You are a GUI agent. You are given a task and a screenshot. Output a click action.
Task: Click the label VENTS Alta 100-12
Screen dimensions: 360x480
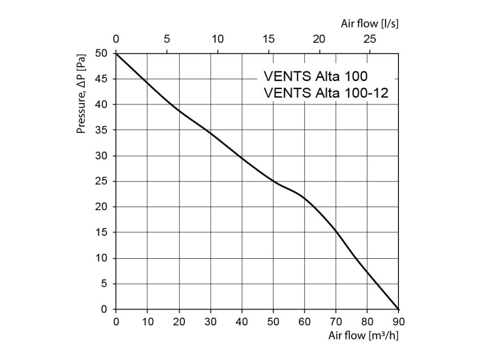point(326,92)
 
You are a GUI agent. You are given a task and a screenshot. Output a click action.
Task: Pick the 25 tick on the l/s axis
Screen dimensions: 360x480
point(370,38)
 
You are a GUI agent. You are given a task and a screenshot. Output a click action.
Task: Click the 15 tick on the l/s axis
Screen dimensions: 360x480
point(268,38)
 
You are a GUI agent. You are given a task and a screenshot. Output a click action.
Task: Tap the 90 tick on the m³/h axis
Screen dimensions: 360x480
point(398,322)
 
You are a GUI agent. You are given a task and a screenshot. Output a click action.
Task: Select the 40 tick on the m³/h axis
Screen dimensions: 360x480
point(242,322)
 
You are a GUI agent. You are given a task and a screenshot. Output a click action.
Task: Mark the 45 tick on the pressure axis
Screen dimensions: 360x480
point(103,79)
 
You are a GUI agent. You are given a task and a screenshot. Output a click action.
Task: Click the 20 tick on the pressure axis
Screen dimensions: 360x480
point(103,207)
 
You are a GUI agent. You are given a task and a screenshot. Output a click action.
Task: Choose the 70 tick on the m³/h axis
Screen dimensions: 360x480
point(336,322)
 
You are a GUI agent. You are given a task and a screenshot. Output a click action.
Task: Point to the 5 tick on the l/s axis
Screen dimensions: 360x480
point(167,38)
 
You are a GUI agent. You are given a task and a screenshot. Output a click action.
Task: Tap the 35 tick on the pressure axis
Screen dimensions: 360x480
point(103,130)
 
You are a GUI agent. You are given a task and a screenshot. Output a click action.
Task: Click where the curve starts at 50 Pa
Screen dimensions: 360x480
point(116,54)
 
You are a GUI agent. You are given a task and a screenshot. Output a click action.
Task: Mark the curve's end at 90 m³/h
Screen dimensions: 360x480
point(398,309)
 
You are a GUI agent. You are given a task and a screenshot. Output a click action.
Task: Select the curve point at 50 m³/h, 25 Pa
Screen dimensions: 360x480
point(273,181)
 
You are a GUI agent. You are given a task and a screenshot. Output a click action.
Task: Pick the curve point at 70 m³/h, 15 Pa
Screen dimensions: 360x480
point(336,232)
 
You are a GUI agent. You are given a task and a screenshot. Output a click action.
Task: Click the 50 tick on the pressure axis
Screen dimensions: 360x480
point(103,53)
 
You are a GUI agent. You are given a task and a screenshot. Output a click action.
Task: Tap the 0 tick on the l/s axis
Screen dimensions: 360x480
point(116,38)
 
